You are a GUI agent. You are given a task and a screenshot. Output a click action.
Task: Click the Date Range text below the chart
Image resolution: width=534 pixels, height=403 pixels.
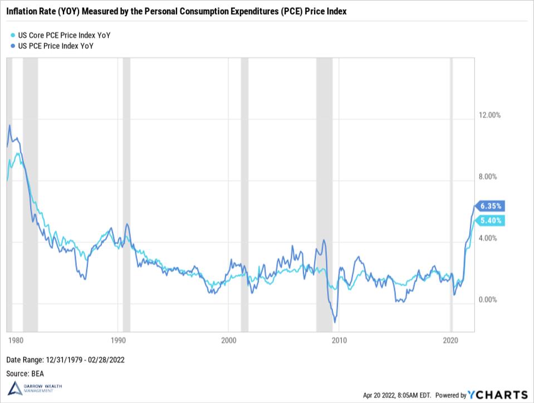(65, 360)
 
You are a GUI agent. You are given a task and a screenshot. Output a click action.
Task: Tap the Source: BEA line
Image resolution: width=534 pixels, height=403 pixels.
(26, 374)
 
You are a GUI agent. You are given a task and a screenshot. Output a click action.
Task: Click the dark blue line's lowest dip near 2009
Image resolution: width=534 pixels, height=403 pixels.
(335, 322)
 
